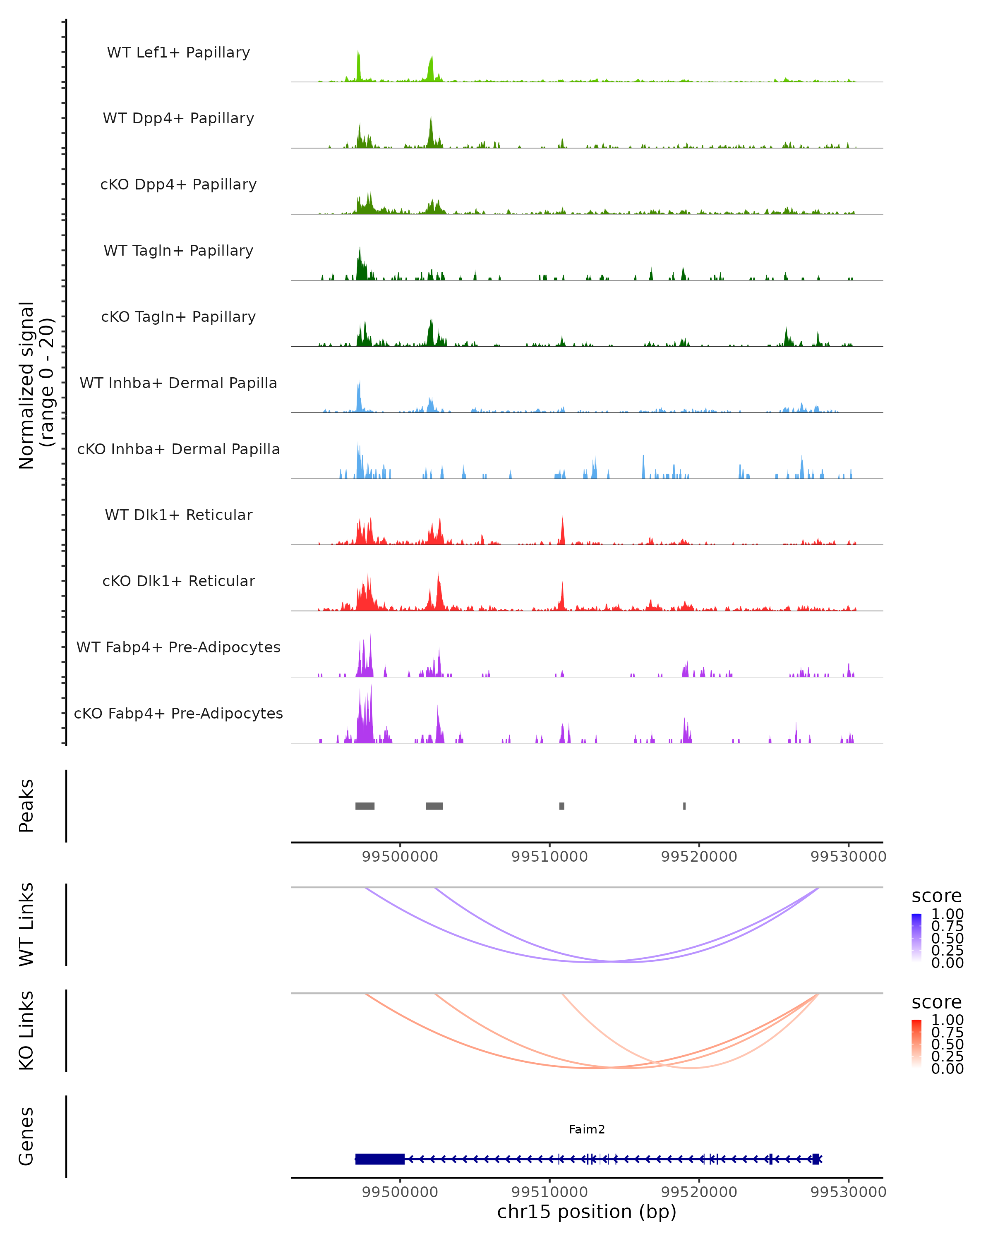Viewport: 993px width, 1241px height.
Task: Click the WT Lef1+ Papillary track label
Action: [x=178, y=53]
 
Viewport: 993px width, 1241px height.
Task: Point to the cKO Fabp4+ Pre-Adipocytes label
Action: [x=178, y=713]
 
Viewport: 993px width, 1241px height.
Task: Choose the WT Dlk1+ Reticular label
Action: [x=178, y=515]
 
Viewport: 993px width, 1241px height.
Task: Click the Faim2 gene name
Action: [x=587, y=1129]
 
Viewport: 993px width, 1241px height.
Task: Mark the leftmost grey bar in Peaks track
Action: [x=365, y=806]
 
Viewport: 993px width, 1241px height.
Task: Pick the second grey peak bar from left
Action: [x=434, y=806]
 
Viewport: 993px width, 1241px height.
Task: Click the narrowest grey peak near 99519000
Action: [x=684, y=806]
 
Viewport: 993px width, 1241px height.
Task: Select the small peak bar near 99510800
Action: [x=562, y=806]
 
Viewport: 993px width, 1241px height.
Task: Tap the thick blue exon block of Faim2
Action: [x=380, y=1159]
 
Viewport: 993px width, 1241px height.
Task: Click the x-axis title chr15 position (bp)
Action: [x=587, y=1212]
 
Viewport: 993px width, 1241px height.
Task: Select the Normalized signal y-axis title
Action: [x=36, y=386]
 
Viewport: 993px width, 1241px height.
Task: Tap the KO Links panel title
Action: [x=26, y=1031]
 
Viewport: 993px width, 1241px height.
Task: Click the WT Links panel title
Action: [x=26, y=925]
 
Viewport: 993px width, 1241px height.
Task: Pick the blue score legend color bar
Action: [x=916, y=938]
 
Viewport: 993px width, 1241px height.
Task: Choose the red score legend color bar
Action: [x=916, y=1044]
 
